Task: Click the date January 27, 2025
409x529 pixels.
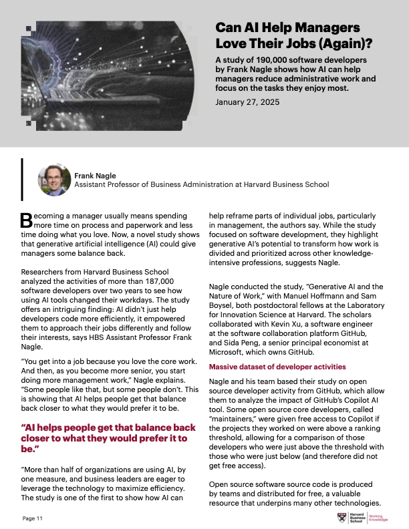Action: coord(244,102)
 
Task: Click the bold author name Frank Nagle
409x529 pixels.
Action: coord(95,176)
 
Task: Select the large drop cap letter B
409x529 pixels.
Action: coord(26,220)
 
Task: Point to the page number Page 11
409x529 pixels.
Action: coord(33,518)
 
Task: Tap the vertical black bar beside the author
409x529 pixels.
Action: coord(22,179)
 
